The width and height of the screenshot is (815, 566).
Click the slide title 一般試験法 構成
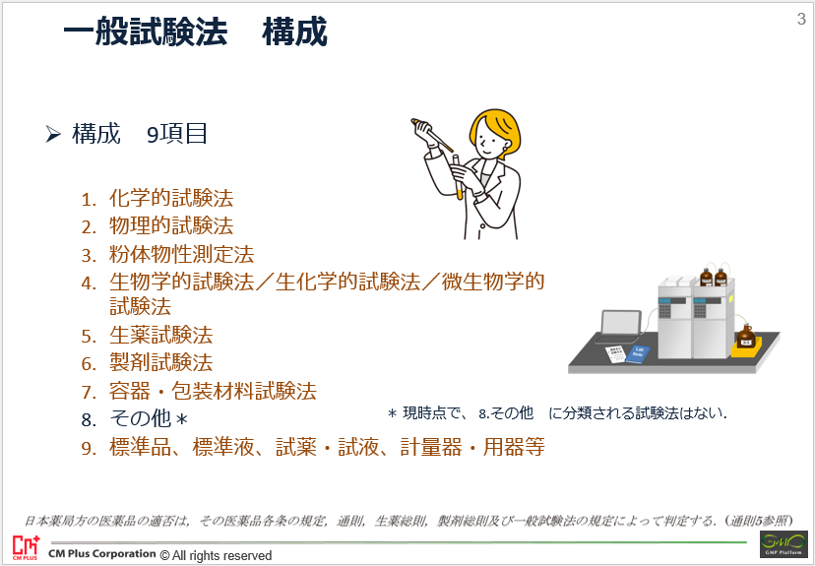[195, 32]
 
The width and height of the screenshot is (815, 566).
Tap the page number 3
[801, 20]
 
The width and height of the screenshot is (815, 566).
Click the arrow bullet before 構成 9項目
[53, 134]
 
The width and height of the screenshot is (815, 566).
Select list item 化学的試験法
[171, 199]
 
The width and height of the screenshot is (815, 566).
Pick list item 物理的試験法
[171, 226]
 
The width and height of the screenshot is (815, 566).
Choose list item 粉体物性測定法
[181, 254]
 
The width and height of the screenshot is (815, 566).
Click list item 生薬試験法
[161, 335]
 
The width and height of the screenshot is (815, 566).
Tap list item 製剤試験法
[161, 362]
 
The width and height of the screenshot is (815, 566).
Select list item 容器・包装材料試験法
[213, 391]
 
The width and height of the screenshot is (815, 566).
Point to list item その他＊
[150, 418]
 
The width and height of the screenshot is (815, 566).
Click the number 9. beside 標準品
[89, 448]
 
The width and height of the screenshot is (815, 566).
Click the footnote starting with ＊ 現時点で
[557, 413]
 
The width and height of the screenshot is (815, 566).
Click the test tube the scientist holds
[457, 177]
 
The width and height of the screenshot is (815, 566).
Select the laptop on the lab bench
[620, 327]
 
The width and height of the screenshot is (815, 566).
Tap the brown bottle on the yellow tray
[746, 336]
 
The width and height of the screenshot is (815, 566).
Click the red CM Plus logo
[26, 547]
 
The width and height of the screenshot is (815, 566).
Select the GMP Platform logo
[784, 544]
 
